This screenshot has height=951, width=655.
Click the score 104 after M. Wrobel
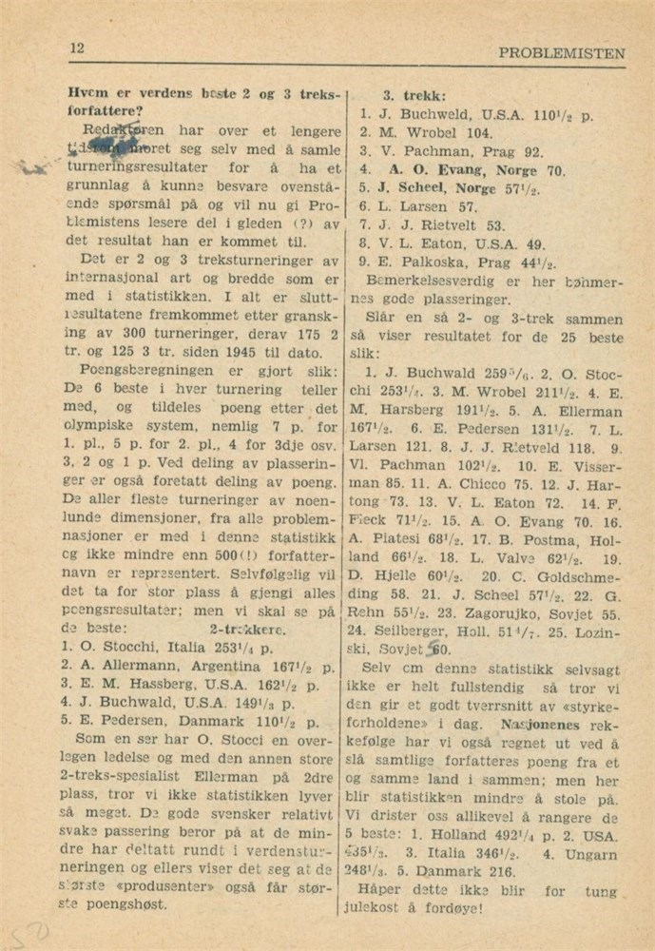coord(481,133)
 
